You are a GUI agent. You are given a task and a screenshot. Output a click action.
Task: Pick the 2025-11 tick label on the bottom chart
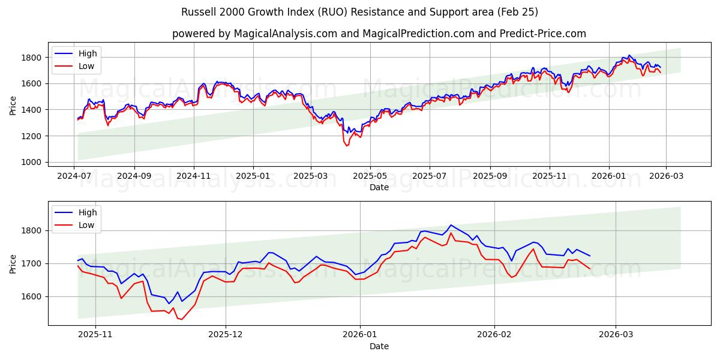click(96, 334)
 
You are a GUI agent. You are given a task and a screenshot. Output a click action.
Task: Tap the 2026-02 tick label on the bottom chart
click(495, 334)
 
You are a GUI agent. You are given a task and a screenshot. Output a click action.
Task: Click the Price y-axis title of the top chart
click(13, 106)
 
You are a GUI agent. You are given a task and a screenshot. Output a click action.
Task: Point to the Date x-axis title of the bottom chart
click(379, 346)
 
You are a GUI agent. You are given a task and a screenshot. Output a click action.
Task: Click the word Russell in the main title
click(197, 12)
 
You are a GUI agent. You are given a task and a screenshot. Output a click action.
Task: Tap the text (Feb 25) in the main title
click(515, 12)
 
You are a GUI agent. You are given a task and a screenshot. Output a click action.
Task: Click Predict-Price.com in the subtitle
click(542, 34)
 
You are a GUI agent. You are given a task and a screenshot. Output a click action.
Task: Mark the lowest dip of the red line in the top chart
click(346, 146)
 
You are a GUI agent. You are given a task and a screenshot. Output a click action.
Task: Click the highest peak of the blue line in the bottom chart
click(451, 225)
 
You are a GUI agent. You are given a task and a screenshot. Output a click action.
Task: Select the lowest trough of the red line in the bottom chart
click(181, 319)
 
